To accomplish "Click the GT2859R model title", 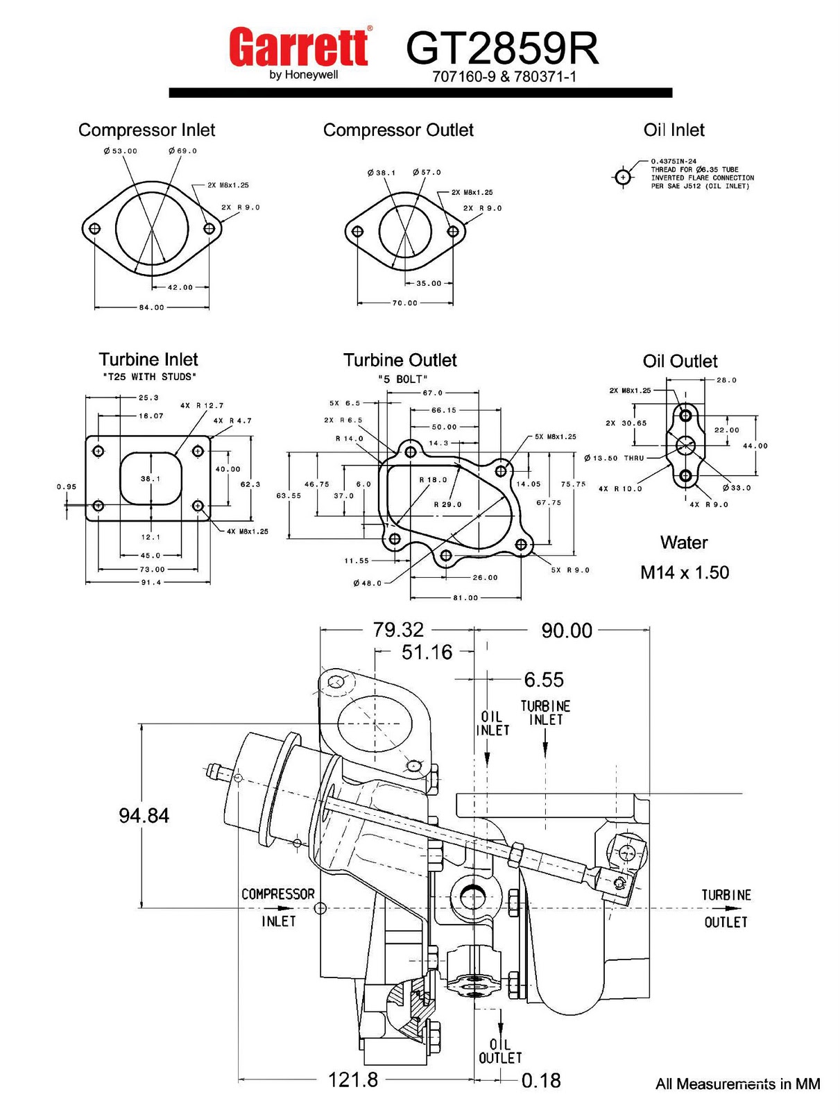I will coord(502,49).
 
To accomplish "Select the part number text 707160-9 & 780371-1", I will coord(504,77).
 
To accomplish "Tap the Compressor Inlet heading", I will coord(146,130).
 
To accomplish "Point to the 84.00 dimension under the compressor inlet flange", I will coord(151,307).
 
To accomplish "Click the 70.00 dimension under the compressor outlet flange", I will coord(404,303).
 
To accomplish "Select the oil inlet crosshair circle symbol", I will coord(623,178).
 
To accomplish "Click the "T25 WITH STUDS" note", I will coord(149,377).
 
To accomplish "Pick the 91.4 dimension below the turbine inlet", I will coord(151,583).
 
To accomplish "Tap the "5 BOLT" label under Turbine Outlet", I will coord(402,379).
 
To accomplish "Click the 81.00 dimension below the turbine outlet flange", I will coord(465,597).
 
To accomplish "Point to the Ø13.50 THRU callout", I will coord(614,458).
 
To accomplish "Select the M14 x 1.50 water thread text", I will coord(684,572).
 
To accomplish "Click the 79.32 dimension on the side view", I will coord(398,629).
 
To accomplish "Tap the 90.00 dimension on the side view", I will coord(567,631).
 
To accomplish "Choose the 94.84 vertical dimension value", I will coord(144,815).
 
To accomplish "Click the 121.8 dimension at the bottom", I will coord(352,1079).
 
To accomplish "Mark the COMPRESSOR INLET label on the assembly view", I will coord(277,907).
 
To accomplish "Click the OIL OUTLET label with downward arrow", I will coord(499,1051).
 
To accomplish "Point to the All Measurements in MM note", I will coord(737,1084).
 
